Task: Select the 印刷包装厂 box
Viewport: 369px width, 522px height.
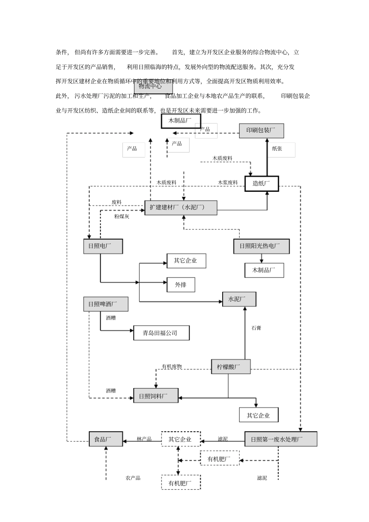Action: coord(261,130)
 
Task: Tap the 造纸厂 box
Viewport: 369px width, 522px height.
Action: coord(261,184)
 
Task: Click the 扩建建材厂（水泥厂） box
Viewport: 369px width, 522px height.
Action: coord(181,207)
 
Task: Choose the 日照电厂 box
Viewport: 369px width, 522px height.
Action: coord(103,246)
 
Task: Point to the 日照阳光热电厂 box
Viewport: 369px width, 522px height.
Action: coord(261,246)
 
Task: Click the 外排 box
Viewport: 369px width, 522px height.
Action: coord(181,284)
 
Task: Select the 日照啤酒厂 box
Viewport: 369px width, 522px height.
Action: coord(106,304)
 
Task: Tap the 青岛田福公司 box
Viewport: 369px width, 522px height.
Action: coord(161,333)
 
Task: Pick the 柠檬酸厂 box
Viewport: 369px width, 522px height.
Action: coord(231,366)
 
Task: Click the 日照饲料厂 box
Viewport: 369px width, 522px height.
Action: coord(156,395)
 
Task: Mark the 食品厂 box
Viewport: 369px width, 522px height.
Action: coord(106,439)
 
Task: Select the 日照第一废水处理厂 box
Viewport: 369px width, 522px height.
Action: coord(280,439)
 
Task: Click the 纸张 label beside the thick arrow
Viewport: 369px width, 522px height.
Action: coord(277,149)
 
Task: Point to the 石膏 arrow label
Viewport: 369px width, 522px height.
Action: coord(256,328)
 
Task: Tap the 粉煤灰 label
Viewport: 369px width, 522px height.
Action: coord(122,217)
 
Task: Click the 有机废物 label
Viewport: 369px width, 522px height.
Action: coord(172,367)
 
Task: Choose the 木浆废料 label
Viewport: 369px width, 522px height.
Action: coord(228,182)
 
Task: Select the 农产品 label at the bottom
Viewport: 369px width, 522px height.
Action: coord(133,478)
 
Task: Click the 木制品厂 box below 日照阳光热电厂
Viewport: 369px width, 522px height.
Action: coord(264,270)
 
